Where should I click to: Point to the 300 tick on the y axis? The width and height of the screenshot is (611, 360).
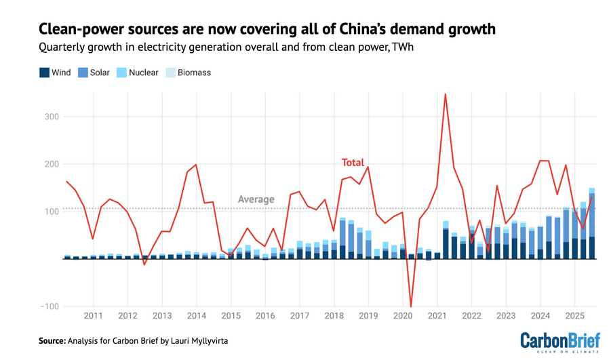pyautogui.click(x=51, y=117)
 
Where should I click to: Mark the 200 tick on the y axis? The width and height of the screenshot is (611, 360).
pyautogui.click(x=51, y=164)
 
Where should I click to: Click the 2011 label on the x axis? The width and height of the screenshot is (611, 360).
pyautogui.click(x=94, y=316)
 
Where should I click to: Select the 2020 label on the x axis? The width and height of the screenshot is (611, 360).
pyautogui.click(x=403, y=316)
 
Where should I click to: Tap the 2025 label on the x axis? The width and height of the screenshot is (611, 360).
pyautogui.click(x=574, y=316)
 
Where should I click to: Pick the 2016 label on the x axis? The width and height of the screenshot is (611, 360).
pyautogui.click(x=265, y=316)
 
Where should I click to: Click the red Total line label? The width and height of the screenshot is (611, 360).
pyautogui.click(x=353, y=163)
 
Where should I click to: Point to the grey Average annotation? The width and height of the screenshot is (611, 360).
pyautogui.click(x=256, y=199)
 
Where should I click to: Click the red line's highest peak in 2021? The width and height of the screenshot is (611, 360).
pyautogui.click(x=445, y=94)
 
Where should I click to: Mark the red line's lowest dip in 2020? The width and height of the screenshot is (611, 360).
pyautogui.click(x=411, y=306)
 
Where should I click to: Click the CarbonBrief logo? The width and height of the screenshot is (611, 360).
pyautogui.click(x=559, y=341)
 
